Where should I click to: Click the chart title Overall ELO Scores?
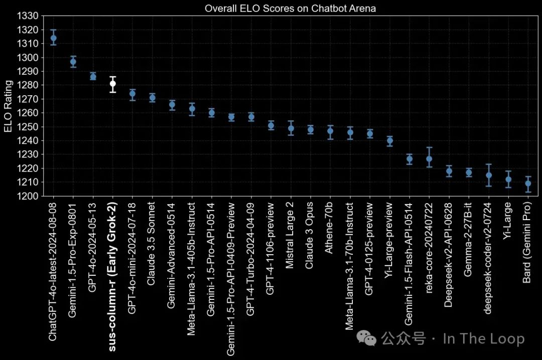(290, 9)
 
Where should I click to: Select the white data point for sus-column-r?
(113, 84)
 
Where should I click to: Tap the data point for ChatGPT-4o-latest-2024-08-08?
(54, 38)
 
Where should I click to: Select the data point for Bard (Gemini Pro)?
(528, 184)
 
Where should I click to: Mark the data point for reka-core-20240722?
(429, 159)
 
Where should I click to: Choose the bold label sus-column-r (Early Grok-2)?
(113, 270)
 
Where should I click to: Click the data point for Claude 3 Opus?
(310, 129)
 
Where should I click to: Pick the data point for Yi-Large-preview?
(389, 141)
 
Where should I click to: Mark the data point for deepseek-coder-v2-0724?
(488, 175)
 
